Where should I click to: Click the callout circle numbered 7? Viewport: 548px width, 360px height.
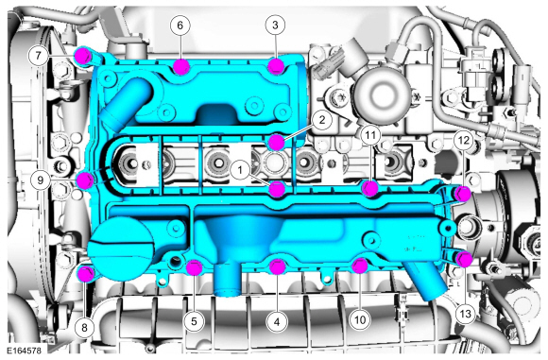(38, 55)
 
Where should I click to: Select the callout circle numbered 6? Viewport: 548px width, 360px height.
(180, 26)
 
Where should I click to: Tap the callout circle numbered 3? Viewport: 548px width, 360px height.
(275, 25)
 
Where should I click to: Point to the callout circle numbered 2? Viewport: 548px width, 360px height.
(321, 120)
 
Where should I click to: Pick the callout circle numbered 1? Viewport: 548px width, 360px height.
(240, 170)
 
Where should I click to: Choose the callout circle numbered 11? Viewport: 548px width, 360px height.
(370, 134)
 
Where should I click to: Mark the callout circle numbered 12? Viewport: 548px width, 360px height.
(463, 140)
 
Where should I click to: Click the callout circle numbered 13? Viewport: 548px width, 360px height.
(465, 314)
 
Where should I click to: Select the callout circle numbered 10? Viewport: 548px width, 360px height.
(360, 319)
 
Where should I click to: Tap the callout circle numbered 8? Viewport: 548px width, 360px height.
(84, 328)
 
